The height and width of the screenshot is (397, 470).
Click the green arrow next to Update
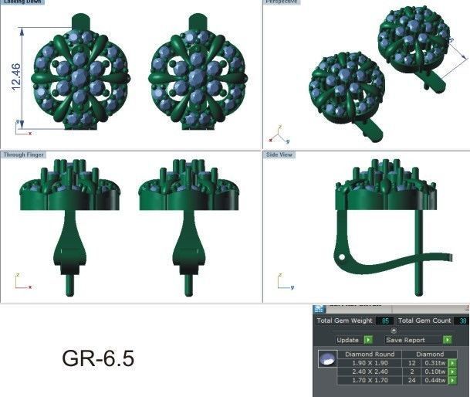[x=368, y=340]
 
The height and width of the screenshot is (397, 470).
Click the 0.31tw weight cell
[x=435, y=363]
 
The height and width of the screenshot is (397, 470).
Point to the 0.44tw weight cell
[x=435, y=381]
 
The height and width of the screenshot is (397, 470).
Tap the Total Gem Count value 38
[x=462, y=321]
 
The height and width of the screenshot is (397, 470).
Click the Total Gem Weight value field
[x=384, y=321]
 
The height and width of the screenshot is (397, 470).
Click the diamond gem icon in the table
[x=328, y=360]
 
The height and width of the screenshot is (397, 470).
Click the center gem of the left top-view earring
[x=80, y=77]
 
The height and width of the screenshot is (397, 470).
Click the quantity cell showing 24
[x=412, y=381]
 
